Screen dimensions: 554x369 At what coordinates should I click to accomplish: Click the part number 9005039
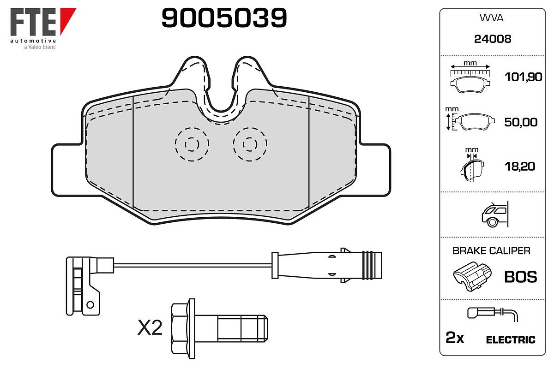coord(224,18)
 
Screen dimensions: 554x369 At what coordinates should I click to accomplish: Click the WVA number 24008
coord(493,39)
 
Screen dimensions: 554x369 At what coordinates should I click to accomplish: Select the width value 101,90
coord(524,77)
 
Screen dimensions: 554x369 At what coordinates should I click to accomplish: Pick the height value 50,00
coord(521,122)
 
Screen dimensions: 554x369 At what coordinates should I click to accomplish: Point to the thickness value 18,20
coord(520,167)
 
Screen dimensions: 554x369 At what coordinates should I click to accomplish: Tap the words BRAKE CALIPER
coord(491,250)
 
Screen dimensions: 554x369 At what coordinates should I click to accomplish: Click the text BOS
coord(521,277)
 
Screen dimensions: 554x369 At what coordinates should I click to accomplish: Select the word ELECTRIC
coord(511,339)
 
